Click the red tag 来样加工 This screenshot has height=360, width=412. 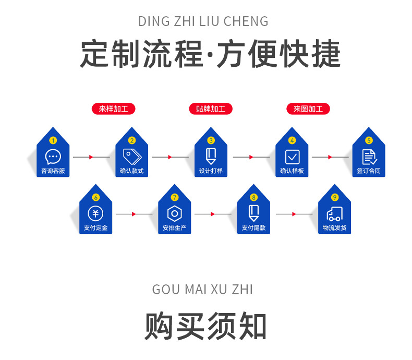point(113,109)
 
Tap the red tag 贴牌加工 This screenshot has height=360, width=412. point(210,109)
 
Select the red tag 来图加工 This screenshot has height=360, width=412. point(308,109)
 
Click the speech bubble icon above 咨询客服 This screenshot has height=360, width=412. point(53,156)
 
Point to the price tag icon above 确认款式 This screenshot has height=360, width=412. point(131,156)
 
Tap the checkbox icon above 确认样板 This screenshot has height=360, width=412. point(292,157)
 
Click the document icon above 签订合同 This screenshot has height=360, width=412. point(369,157)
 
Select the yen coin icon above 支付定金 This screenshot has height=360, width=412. point(95,213)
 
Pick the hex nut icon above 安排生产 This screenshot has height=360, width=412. point(174,214)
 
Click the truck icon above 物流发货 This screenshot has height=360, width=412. point(334,213)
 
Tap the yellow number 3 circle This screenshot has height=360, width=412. point(211,140)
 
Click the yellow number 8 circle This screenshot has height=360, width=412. point(253,197)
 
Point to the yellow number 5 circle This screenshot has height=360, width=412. point(369,140)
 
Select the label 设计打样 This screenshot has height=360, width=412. point(211,171)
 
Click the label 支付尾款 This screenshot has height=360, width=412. point(253,228)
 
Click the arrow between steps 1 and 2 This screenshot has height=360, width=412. point(92,157)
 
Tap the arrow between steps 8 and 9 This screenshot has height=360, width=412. point(294,214)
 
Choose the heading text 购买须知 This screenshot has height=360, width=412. point(205,327)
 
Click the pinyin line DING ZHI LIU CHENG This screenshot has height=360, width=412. point(203,21)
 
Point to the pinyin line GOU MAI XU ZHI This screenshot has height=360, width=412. point(203,290)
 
